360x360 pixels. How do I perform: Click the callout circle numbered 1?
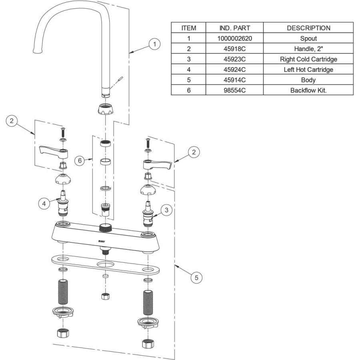[154, 44]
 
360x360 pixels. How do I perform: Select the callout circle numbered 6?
[80, 160]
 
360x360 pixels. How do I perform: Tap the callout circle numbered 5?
[196, 277]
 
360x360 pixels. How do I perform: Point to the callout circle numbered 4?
[44, 203]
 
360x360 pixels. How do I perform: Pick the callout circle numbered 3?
[167, 209]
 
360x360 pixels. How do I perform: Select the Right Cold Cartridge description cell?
[308, 59]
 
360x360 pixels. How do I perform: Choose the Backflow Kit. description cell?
[308, 90]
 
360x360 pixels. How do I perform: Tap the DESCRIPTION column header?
[308, 28]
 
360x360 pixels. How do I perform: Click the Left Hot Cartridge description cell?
[308, 70]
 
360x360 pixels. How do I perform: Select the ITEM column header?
[188, 28]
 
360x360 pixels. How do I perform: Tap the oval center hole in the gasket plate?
[105, 265]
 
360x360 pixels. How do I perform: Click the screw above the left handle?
[62, 130]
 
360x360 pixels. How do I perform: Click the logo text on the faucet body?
[102, 241]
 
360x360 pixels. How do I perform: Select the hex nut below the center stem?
[105, 296]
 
